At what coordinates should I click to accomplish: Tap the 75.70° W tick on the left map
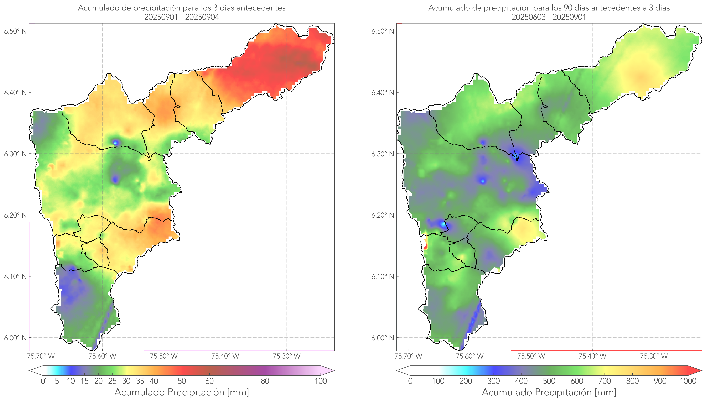click(41, 356)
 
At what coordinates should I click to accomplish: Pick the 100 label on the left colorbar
click(321, 381)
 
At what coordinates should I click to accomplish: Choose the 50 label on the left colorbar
click(182, 381)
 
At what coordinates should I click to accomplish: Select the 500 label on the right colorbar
click(549, 381)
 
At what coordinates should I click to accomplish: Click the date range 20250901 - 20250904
click(182, 17)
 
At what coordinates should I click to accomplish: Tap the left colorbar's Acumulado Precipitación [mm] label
click(182, 392)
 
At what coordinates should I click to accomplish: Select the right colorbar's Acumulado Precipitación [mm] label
click(549, 392)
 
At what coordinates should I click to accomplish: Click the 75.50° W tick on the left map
click(164, 356)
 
